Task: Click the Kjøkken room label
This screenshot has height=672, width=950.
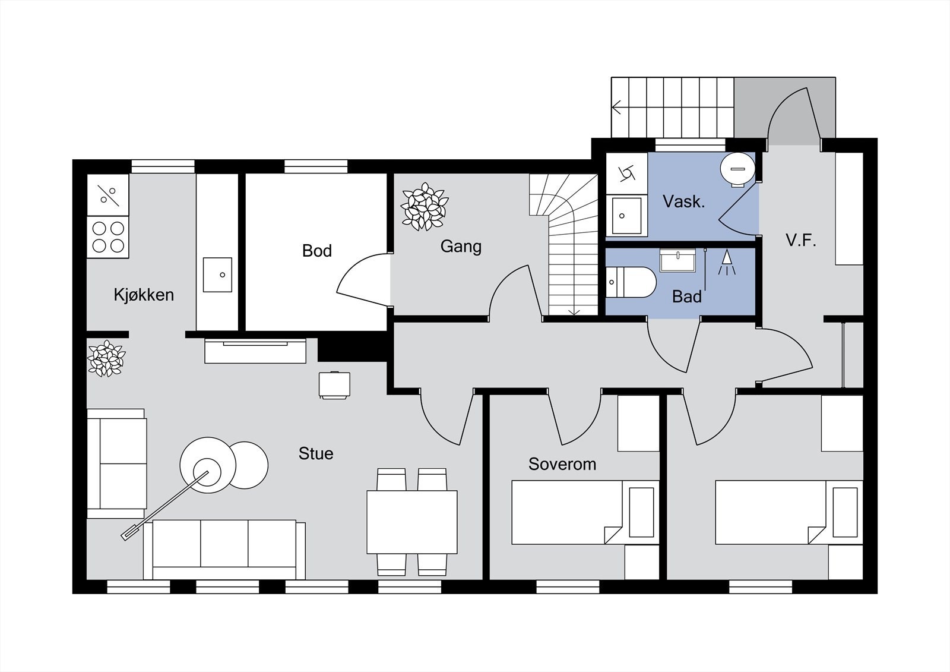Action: click(x=144, y=295)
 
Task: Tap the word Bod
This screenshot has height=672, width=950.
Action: click(x=317, y=251)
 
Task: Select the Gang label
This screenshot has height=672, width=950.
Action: click(x=461, y=246)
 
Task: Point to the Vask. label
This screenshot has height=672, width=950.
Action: click(x=683, y=201)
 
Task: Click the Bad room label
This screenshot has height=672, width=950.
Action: click(x=687, y=296)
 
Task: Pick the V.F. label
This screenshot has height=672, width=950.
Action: click(x=801, y=241)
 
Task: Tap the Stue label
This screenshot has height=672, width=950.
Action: click(x=316, y=453)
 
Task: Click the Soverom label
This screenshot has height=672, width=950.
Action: click(x=562, y=464)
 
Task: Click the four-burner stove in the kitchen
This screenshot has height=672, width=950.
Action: click(x=108, y=237)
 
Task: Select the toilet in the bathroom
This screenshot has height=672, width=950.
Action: click(x=631, y=282)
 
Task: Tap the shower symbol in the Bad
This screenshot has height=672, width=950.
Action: click(x=727, y=262)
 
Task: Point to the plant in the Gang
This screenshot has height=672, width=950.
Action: click(x=425, y=207)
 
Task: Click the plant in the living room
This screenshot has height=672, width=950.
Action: click(x=106, y=358)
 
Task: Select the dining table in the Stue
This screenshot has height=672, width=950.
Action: click(x=412, y=522)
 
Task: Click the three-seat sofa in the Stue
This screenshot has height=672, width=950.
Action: click(x=224, y=550)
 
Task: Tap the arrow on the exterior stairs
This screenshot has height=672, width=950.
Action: click(x=617, y=107)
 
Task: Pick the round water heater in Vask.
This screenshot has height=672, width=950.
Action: click(x=737, y=169)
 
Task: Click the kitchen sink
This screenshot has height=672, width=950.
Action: click(x=217, y=275)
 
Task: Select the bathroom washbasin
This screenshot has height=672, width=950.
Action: click(x=677, y=260)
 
